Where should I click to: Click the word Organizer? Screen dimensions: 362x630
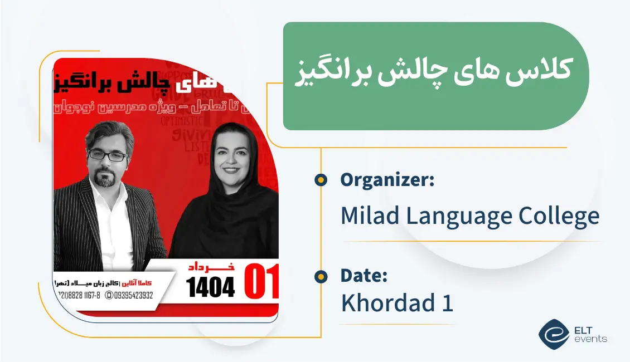(387, 180)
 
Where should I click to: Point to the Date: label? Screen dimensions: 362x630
(364, 275)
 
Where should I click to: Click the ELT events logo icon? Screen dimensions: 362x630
(553, 332)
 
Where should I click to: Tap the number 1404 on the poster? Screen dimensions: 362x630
(210, 286)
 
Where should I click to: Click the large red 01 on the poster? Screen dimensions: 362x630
(261, 282)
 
